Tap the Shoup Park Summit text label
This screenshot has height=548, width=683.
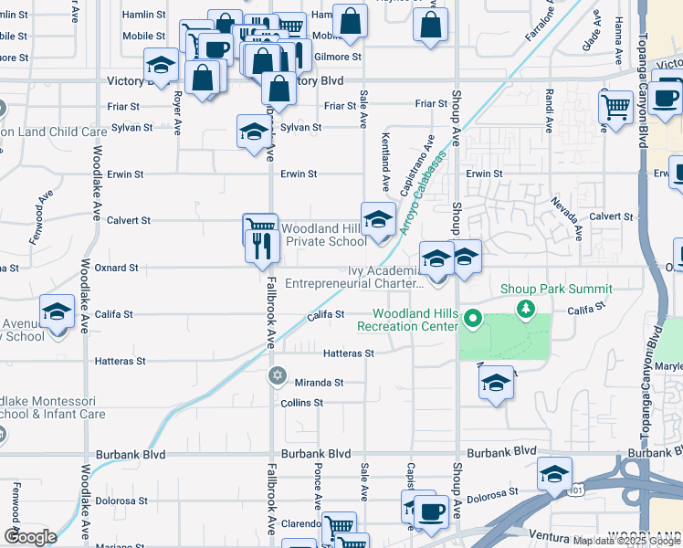click(556, 290)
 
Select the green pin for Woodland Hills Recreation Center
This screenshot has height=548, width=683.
click(472, 320)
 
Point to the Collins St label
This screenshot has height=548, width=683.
click(301, 403)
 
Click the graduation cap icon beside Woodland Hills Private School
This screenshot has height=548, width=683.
click(376, 219)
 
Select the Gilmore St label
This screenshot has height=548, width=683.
click(331, 57)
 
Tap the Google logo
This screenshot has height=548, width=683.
click(30, 537)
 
